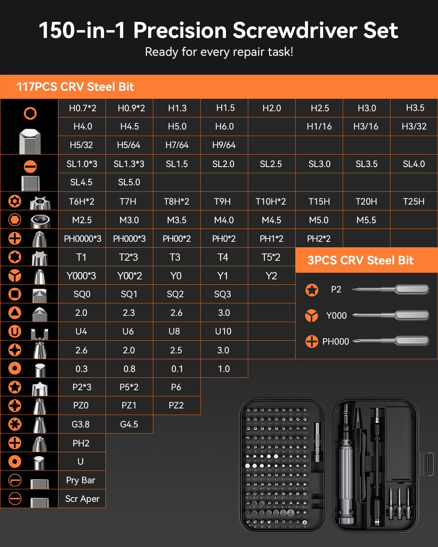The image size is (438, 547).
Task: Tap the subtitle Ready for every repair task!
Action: (x=219, y=52)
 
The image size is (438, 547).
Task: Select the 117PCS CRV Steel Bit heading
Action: (x=75, y=87)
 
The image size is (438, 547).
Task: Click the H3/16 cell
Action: (x=366, y=127)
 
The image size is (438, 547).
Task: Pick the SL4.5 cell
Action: (x=81, y=182)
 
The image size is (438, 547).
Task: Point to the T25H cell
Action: (x=414, y=201)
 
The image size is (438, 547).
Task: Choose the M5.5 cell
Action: (x=366, y=220)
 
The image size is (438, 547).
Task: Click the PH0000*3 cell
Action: (x=82, y=239)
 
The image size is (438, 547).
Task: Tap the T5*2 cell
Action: (x=271, y=257)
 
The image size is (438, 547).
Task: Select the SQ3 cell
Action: (x=223, y=294)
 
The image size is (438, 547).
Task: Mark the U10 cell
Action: (x=223, y=331)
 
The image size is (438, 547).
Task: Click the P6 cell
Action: (x=176, y=387)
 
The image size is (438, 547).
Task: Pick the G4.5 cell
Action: (x=129, y=424)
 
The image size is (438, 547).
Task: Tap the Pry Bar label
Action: (x=81, y=480)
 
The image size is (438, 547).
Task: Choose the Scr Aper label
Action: (x=82, y=499)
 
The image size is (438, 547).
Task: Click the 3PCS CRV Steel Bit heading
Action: (x=360, y=260)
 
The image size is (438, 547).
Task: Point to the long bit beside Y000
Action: (x=391, y=315)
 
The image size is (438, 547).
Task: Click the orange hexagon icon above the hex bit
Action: (x=30, y=113)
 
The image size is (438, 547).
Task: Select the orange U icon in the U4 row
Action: (x=15, y=331)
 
